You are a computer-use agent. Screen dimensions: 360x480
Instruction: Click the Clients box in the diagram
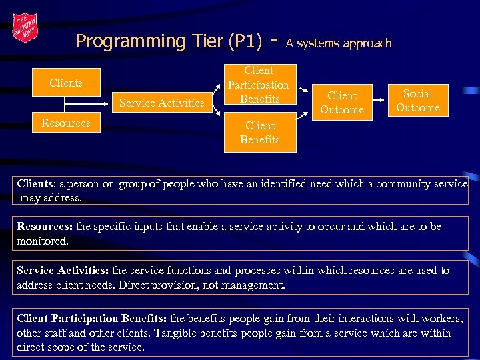pyautogui.click(x=65, y=83)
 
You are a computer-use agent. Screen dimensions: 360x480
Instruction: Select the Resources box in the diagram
pyautogui.click(x=65, y=123)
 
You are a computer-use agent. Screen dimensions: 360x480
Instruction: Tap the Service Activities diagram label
pyautogui.click(x=161, y=103)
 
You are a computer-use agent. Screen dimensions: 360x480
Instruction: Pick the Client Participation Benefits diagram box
pyautogui.click(x=258, y=85)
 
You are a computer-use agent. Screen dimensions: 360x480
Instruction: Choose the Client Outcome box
pyautogui.click(x=342, y=103)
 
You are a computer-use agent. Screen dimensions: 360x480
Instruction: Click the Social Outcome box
pyautogui.click(x=417, y=101)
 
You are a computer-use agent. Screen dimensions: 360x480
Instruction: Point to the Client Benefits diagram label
pyautogui.click(x=259, y=132)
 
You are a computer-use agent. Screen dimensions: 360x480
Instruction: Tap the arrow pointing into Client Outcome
pyautogui.click(x=303, y=91)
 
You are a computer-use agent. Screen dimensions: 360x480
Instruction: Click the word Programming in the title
pyautogui.click(x=121, y=41)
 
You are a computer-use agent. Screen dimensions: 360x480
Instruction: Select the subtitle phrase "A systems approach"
pyautogui.click(x=339, y=43)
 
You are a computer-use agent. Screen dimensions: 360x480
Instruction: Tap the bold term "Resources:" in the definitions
pyautogui.click(x=45, y=227)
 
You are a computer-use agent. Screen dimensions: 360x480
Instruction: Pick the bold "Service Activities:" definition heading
pyautogui.click(x=63, y=271)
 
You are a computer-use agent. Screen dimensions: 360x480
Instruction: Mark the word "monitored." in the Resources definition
pyautogui.click(x=43, y=241)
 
